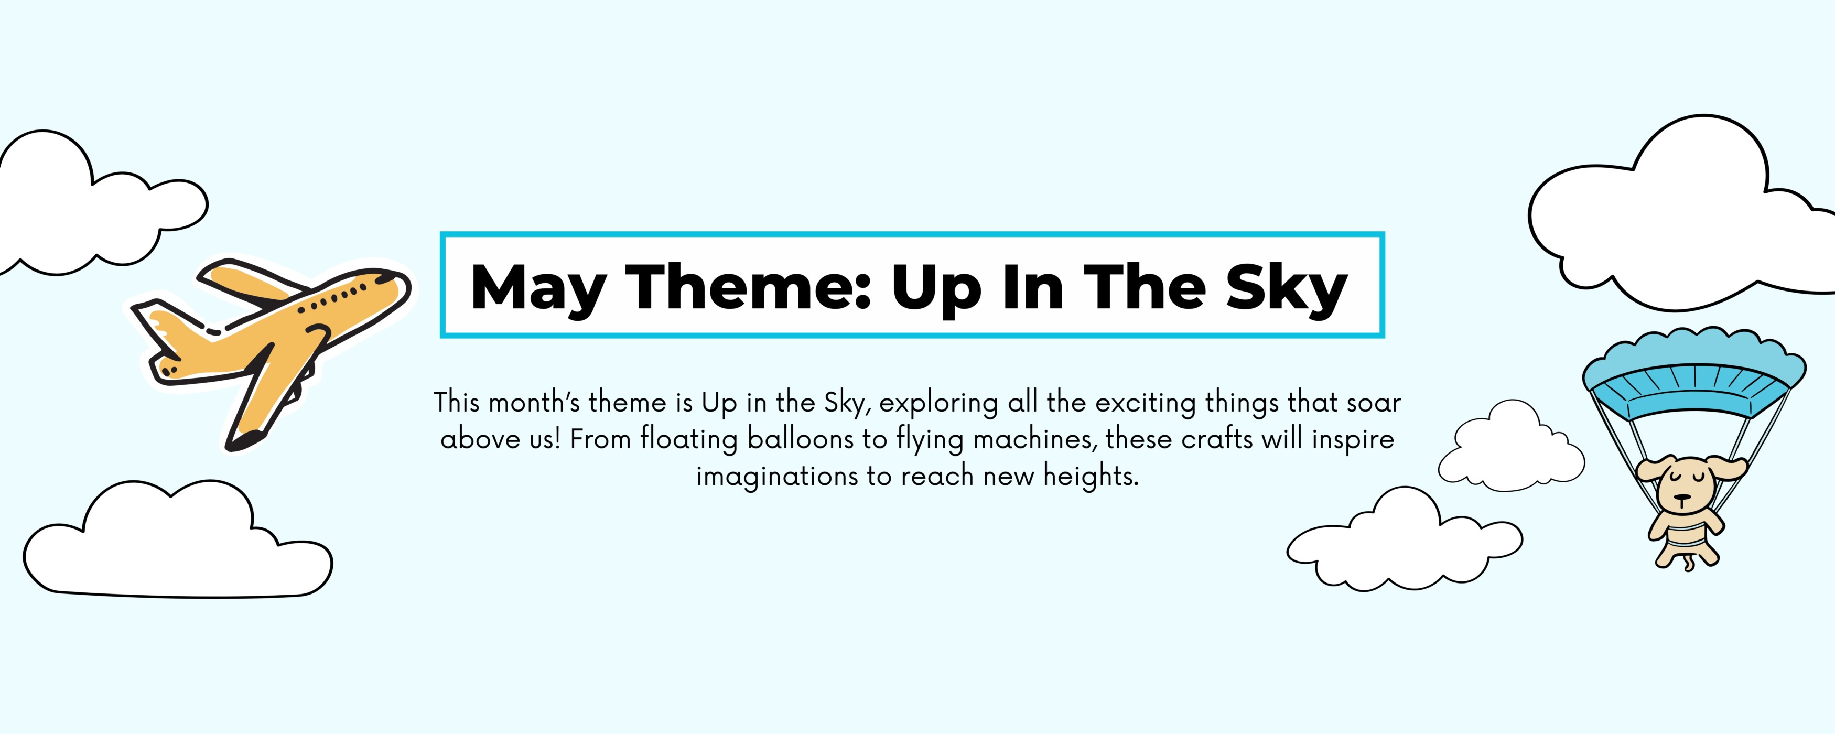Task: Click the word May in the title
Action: pos(538,288)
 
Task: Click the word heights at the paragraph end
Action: pos(1092,476)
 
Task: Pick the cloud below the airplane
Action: pos(178,539)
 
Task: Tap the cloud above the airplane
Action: pos(100,203)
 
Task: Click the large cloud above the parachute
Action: pos(1681,214)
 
